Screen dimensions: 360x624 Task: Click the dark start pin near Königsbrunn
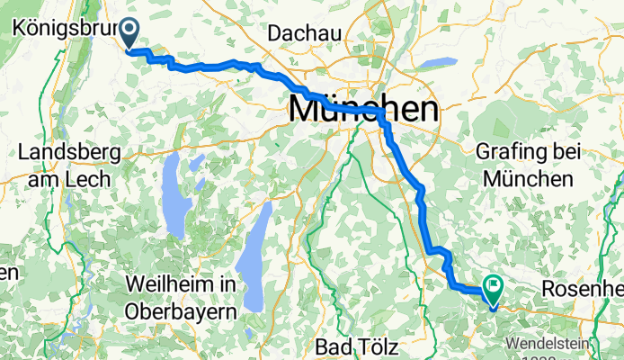tap(129, 32)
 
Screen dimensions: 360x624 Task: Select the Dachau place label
tap(305, 32)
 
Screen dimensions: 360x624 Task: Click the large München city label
tap(364, 110)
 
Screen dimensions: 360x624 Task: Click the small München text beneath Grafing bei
tap(528, 179)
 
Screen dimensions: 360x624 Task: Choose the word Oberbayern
tap(182, 310)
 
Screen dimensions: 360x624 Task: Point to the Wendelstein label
tap(562, 344)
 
